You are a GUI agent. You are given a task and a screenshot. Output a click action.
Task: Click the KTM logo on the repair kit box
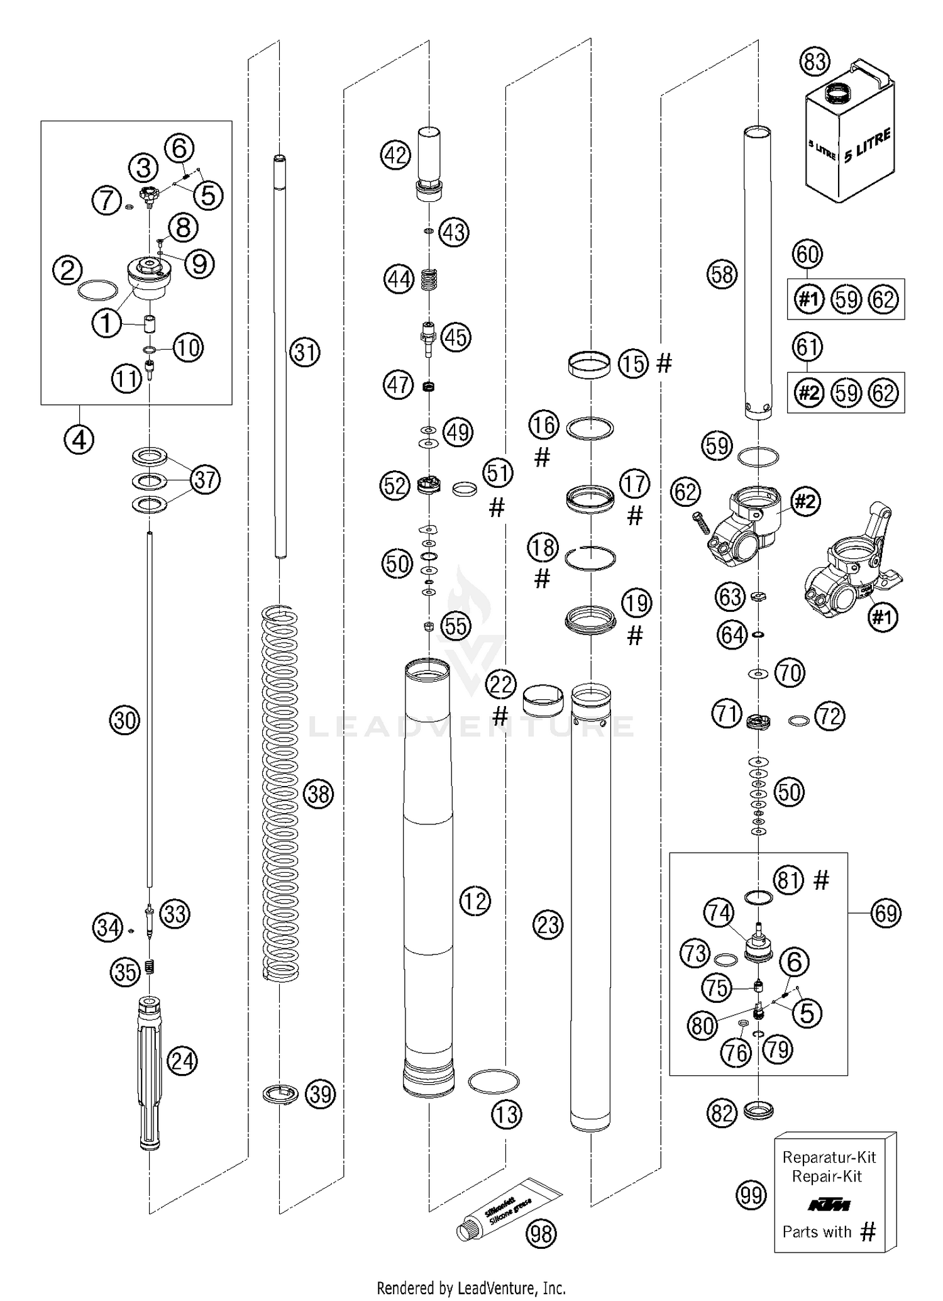[829, 1205]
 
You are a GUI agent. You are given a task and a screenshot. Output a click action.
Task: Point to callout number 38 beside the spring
[318, 794]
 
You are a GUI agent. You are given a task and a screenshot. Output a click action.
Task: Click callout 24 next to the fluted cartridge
[182, 1061]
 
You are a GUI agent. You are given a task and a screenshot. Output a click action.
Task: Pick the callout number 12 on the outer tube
[475, 901]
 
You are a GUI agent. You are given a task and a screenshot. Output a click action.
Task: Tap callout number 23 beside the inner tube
[548, 925]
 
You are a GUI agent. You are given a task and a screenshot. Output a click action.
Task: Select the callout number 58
[722, 274]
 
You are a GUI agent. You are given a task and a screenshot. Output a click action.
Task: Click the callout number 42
[396, 155]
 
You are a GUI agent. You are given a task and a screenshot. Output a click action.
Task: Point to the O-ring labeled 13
[494, 1083]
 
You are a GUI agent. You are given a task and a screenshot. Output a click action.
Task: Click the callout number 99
[751, 1195]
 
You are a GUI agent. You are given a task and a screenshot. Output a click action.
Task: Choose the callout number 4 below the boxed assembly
[79, 440]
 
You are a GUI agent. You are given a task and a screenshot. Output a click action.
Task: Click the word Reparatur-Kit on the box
[829, 1157]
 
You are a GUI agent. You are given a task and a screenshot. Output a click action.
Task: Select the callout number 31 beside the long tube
[305, 352]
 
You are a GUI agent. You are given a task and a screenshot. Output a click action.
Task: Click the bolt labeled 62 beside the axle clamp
[700, 523]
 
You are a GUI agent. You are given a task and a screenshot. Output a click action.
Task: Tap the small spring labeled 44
[428, 279]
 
